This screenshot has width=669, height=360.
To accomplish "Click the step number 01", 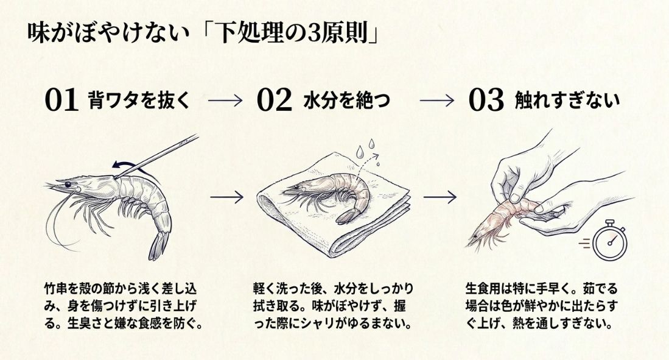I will click(x=62, y=101).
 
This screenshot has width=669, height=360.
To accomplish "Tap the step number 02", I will click(x=274, y=101).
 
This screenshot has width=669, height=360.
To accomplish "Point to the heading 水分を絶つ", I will click(x=346, y=100).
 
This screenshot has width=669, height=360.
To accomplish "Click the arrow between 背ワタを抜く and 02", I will click(x=225, y=101).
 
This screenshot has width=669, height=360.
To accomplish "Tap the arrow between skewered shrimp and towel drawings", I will click(x=226, y=197).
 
